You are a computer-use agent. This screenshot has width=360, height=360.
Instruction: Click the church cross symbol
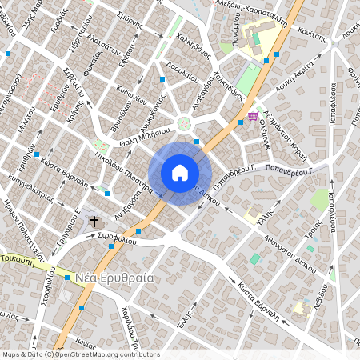94,220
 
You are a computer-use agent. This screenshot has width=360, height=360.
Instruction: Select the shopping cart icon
253,117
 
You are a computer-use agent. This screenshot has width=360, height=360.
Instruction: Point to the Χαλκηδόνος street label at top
193,50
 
